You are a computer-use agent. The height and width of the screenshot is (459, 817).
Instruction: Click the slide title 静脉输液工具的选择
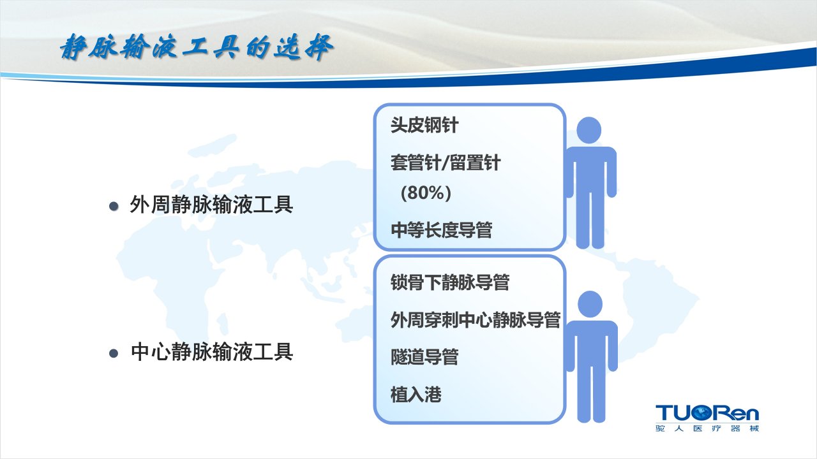tap(197, 47)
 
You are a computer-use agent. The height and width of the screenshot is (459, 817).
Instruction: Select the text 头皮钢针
tap(424, 126)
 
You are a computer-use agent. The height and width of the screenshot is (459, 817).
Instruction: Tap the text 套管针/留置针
tap(446, 163)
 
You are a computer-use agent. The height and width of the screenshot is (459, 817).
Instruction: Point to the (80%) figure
tap(426, 193)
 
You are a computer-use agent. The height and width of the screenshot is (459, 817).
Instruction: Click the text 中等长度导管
tap(441, 230)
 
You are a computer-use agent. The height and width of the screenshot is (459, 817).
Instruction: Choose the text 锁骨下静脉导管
tap(450, 282)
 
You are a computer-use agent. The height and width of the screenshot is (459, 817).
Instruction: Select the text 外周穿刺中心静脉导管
tap(476, 320)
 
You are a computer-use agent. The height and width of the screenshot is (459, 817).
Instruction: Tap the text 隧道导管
tap(424, 357)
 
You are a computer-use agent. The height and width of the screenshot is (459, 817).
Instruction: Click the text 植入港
tap(416, 395)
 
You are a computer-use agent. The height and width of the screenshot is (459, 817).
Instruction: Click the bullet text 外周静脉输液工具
tap(211, 205)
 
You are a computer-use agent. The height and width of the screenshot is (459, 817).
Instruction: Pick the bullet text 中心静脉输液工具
tap(211, 352)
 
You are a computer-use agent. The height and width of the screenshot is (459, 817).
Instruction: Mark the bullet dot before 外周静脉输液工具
tap(114, 207)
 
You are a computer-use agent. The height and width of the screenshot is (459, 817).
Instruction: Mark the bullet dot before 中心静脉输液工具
tap(114, 353)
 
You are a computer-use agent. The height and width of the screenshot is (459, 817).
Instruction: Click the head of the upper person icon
tap(588, 131)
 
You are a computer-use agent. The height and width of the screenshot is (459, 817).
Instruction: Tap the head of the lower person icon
tap(590, 304)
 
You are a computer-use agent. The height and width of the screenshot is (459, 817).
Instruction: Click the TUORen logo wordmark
tap(707, 412)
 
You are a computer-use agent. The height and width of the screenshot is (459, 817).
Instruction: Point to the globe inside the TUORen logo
tap(703, 413)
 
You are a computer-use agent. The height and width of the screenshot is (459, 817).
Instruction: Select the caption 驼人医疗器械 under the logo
tap(707, 428)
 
